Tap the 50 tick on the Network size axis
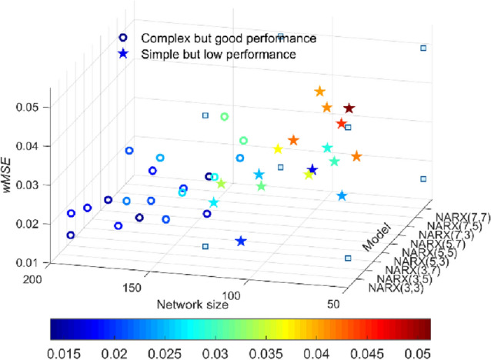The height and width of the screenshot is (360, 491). click(x=336, y=306)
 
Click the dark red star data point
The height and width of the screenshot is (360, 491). click(x=349, y=109)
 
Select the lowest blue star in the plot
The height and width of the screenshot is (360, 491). click(x=241, y=242)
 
